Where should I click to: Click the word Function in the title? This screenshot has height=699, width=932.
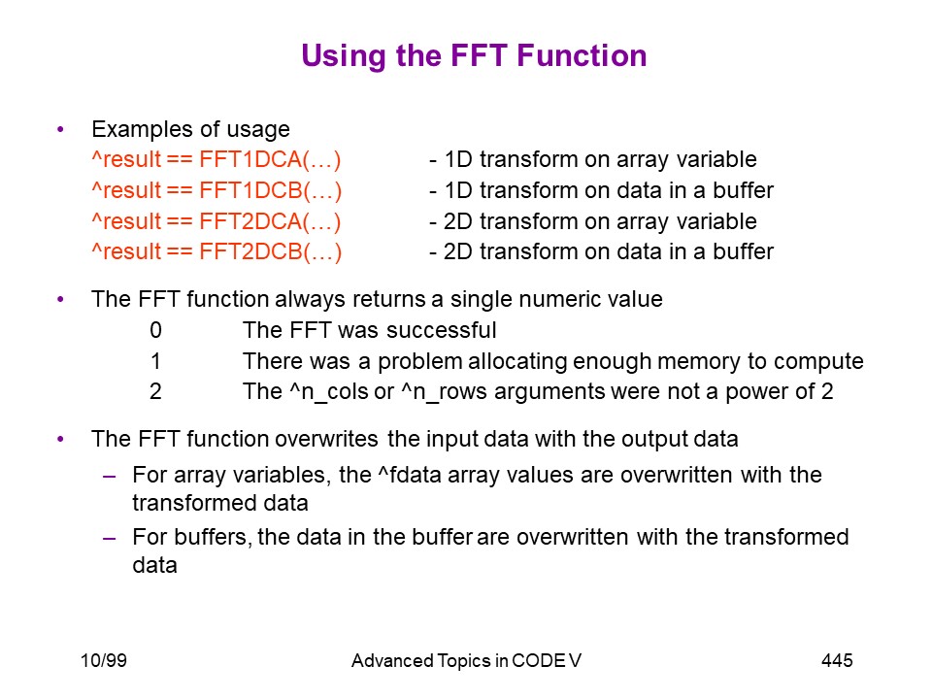click(x=582, y=56)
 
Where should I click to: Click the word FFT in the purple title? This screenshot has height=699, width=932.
click(x=479, y=56)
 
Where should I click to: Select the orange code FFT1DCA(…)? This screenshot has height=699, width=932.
click(x=271, y=160)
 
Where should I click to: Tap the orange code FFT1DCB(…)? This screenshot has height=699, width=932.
click(x=271, y=191)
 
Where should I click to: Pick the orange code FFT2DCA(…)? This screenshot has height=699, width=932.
click(x=271, y=221)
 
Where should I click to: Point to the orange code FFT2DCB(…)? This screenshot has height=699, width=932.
click(x=271, y=252)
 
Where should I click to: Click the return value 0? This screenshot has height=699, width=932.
click(x=155, y=330)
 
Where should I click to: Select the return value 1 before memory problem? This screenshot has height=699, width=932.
click(x=155, y=361)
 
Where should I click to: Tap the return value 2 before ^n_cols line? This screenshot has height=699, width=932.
click(x=155, y=391)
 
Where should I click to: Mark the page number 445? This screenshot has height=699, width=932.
click(x=837, y=660)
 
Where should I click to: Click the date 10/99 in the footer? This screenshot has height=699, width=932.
click(x=104, y=660)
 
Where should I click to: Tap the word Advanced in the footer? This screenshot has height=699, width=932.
click(x=392, y=661)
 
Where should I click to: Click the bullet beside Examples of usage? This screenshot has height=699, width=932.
click(x=60, y=129)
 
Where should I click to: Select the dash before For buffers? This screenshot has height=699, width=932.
click(x=109, y=538)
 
